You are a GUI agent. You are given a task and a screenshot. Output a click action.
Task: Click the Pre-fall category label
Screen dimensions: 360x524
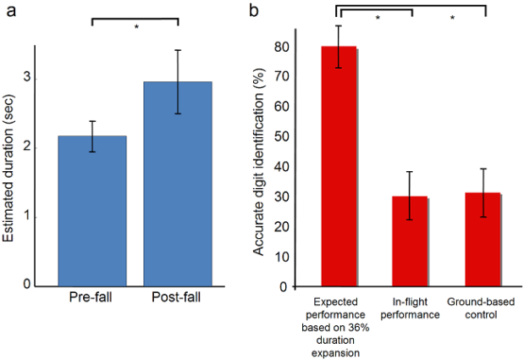91,300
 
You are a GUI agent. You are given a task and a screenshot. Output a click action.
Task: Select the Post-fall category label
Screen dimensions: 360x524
177,300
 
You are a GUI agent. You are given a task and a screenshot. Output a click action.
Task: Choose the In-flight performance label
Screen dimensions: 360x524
411,308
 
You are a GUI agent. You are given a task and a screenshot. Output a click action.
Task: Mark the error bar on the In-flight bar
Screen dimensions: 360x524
410,196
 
